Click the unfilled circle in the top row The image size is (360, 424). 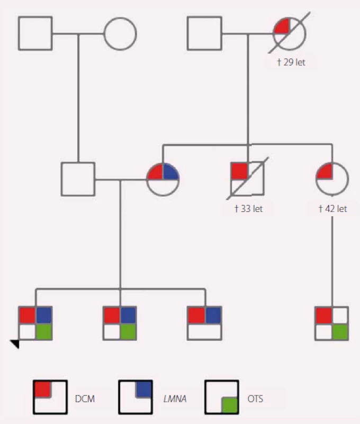[121, 34]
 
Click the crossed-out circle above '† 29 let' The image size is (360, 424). [290, 34]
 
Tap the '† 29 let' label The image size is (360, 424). [291, 62]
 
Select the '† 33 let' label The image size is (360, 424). [248, 209]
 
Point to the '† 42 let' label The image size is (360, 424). [332, 209]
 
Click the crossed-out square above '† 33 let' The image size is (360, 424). [248, 179]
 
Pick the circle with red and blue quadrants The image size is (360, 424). [163, 179]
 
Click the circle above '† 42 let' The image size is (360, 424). [332, 179]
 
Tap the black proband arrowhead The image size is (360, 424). [15, 344]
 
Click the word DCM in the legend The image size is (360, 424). [85, 399]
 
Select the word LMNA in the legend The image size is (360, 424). [175, 399]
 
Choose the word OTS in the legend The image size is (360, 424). [255, 399]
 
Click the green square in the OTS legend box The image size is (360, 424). [230, 405]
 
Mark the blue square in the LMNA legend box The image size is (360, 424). [144, 389]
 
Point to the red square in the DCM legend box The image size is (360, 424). [43, 389]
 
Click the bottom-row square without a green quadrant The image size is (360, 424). [205, 323]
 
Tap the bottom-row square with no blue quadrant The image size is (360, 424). [332, 323]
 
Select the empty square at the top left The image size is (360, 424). [35, 33]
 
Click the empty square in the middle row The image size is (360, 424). [78, 179]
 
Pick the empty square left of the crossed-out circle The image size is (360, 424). [204, 33]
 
